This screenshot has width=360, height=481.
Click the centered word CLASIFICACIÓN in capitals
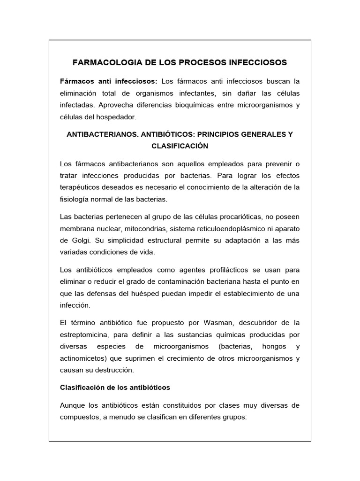point(180,146)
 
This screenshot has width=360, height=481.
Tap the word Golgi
point(73,240)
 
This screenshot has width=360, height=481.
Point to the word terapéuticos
point(84,187)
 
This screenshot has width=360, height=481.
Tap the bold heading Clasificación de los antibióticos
point(115,388)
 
